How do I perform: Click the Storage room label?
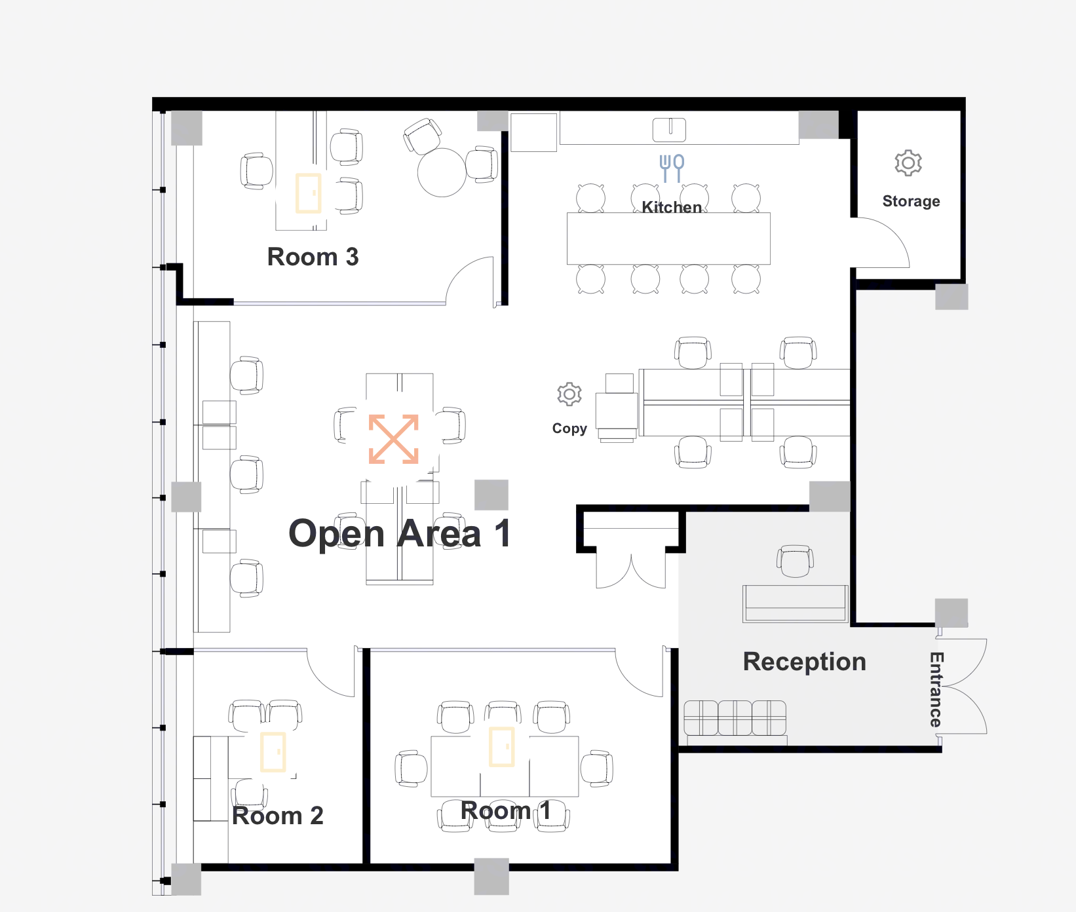(x=911, y=201)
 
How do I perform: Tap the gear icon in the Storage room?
(x=908, y=162)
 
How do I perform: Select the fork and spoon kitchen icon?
(x=672, y=168)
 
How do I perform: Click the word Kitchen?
(x=672, y=207)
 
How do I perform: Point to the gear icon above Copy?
(x=569, y=394)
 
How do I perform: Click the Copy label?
(x=569, y=428)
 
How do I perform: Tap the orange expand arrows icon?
(x=394, y=439)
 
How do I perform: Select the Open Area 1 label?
(x=400, y=533)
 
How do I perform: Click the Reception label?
(x=805, y=662)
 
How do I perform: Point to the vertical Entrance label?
(x=936, y=689)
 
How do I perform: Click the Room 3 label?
(x=313, y=257)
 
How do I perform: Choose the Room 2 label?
(x=278, y=816)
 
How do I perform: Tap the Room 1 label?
(x=505, y=810)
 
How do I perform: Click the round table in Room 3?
(x=442, y=172)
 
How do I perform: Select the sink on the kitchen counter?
(x=669, y=130)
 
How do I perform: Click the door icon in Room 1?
(x=502, y=746)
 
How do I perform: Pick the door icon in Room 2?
(x=273, y=752)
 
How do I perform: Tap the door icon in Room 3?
(x=308, y=193)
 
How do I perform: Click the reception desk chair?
(x=795, y=561)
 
